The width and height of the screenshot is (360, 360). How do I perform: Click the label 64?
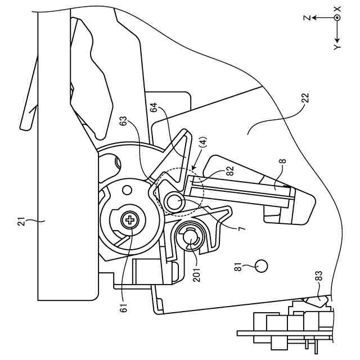154,109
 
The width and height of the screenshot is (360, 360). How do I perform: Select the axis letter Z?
307,18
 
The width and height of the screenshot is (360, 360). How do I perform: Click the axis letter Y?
337,47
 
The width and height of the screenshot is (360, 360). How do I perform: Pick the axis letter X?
337,8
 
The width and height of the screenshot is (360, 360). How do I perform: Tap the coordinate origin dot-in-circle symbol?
337,18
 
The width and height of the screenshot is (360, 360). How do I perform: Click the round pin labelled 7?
175,200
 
